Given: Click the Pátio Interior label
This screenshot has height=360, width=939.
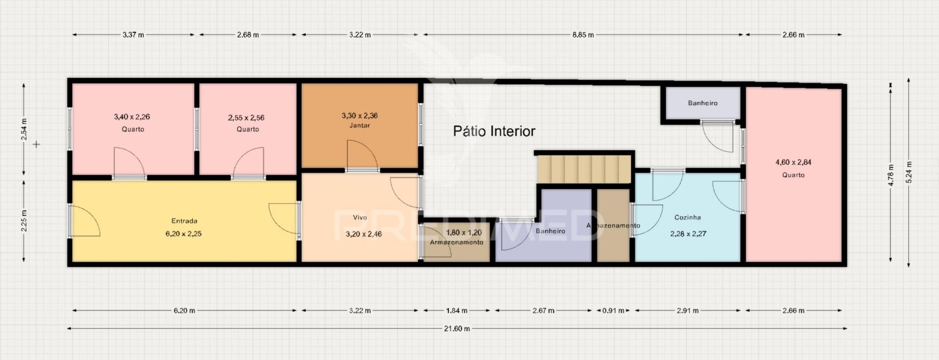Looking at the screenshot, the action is [494, 131].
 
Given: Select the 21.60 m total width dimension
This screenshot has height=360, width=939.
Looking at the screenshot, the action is [457, 329].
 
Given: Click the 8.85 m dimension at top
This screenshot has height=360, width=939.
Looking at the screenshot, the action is [583, 35].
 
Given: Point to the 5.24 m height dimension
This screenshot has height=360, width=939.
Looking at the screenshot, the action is [909, 172].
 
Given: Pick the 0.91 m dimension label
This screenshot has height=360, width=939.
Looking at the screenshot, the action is [613, 310].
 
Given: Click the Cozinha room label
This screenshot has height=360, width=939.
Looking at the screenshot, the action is [688, 217].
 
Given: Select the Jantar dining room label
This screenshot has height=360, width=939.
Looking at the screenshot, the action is [359, 125].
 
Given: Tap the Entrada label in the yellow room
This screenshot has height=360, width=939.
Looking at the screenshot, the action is [184, 221].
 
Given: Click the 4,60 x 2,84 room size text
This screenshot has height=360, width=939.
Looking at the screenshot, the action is [793, 162].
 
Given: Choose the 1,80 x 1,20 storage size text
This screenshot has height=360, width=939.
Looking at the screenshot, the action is [464, 233].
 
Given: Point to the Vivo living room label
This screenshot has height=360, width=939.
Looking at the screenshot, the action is [360, 218].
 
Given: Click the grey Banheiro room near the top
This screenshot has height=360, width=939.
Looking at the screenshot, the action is [702, 103].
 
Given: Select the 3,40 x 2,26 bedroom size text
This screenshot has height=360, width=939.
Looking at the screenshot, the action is [132, 116].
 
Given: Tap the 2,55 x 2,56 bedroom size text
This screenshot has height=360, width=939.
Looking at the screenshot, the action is [246, 117].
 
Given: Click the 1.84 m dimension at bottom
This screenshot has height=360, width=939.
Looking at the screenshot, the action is [456, 310].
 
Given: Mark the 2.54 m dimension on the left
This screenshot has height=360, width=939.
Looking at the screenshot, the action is [23, 129].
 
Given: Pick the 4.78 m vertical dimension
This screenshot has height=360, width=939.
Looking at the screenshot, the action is [891, 175].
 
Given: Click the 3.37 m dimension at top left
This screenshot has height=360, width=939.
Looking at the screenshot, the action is [133, 35].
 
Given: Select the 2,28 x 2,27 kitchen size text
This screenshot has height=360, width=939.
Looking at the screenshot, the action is [688, 234].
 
